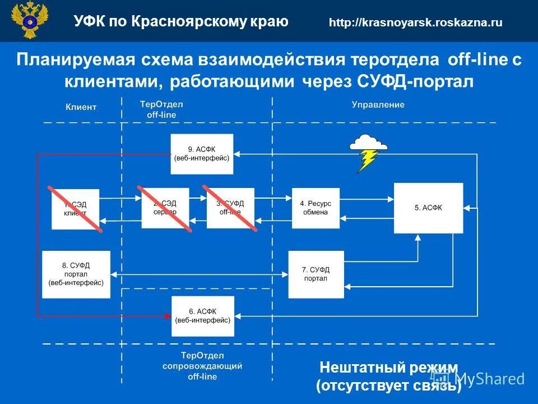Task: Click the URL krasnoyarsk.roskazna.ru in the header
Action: click(x=415, y=22)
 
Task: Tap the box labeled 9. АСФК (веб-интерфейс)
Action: click(x=202, y=154)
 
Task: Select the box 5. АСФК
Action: click(x=428, y=208)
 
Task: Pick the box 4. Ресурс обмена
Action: click(x=316, y=208)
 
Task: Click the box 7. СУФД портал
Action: click(x=316, y=274)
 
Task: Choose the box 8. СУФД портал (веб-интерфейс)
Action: click(x=76, y=274)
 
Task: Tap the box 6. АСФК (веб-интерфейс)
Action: click(x=202, y=316)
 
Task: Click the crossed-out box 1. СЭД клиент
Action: click(x=75, y=209)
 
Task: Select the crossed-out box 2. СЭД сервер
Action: click(x=165, y=208)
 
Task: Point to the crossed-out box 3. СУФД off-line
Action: click(x=230, y=208)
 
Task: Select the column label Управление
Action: click(x=378, y=105)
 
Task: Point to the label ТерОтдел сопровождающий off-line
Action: click(x=202, y=366)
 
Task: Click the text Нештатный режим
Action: click(x=388, y=368)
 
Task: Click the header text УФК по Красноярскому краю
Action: click(x=180, y=22)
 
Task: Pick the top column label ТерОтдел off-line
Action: click(x=161, y=109)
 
